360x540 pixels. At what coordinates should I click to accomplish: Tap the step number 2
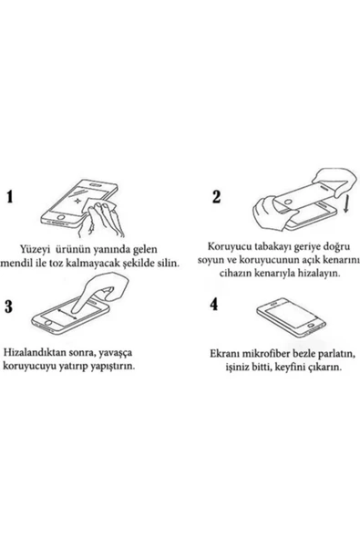(x=216, y=197)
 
